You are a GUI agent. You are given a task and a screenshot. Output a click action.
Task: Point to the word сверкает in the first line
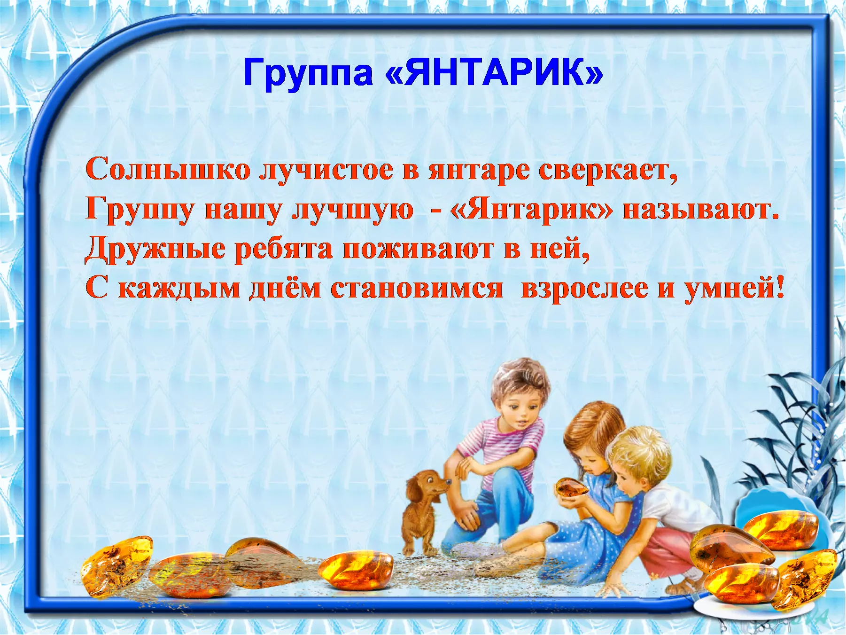608,170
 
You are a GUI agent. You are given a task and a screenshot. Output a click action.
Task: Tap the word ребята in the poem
284,249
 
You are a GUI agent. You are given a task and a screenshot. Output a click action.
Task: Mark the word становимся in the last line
417,288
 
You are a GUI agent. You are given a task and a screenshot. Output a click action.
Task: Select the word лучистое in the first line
327,170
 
